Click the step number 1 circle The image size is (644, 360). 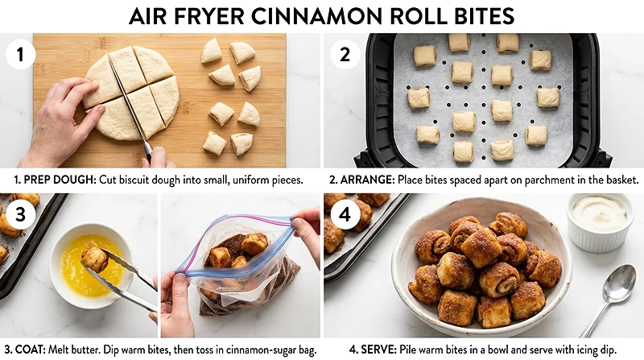19,55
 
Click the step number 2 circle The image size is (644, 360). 345,55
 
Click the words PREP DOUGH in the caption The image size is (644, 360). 56,180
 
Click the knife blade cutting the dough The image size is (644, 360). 129,109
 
